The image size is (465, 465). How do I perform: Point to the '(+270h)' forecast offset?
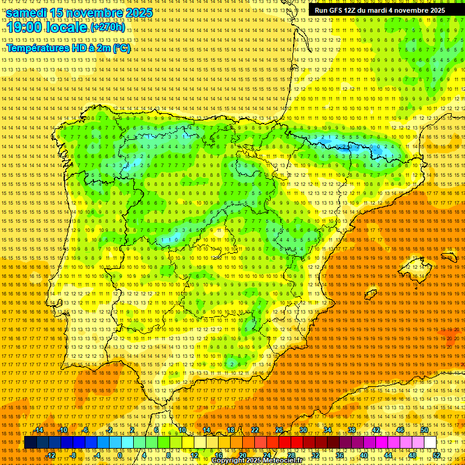pyautogui.click(x=108, y=27)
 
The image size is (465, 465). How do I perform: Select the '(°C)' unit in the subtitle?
pyautogui.click(x=121, y=48)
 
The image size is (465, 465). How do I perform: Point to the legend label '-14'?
pyautogui.click(x=39, y=430)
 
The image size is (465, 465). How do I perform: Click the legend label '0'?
pyautogui.click(x=120, y=455)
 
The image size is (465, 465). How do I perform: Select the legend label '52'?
pyautogui.click(x=437, y=455)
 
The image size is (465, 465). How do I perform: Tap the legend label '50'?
pyautogui.click(x=424, y=430)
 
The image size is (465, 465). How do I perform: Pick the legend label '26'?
pyautogui.click(x=279, y=430)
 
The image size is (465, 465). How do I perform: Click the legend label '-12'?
pyautogui.click(x=51, y=455)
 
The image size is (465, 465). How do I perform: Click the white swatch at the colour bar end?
pyautogui.click(x=430, y=443)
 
